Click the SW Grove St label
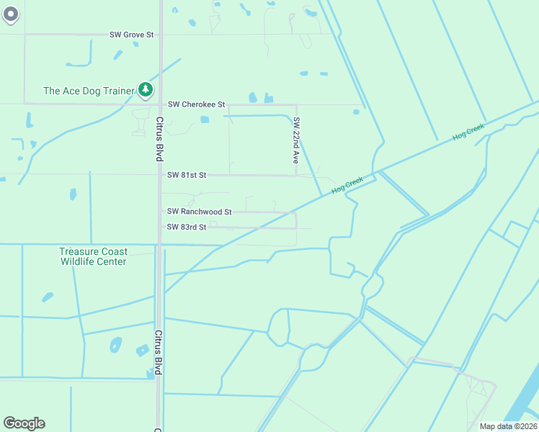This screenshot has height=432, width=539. coord(132,34)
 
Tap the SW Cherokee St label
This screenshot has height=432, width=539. coord(197,104)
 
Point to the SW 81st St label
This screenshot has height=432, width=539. coord(187,175)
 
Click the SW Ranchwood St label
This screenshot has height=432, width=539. coord(199,212)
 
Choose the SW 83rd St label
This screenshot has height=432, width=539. coord(187,227)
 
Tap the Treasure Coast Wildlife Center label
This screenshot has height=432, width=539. coord(94,256)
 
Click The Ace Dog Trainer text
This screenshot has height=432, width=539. coord(89,91)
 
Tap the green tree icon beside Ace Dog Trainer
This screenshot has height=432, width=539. coord(146,89)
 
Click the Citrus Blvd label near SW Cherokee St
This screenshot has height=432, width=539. coord(159,139)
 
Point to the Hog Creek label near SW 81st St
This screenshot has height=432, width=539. coord(347,185)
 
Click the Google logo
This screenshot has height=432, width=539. coord(24,423)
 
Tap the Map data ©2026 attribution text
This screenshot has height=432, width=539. coord(508,426)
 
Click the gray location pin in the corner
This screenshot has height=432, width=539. coord(11,14)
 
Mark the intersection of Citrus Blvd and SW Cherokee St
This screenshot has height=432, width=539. coord(159,104)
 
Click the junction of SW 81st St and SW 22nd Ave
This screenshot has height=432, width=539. coord(295,175)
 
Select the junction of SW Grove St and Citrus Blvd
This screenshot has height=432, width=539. coord(159,34)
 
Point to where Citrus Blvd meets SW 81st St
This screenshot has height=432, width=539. coord(159,175)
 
